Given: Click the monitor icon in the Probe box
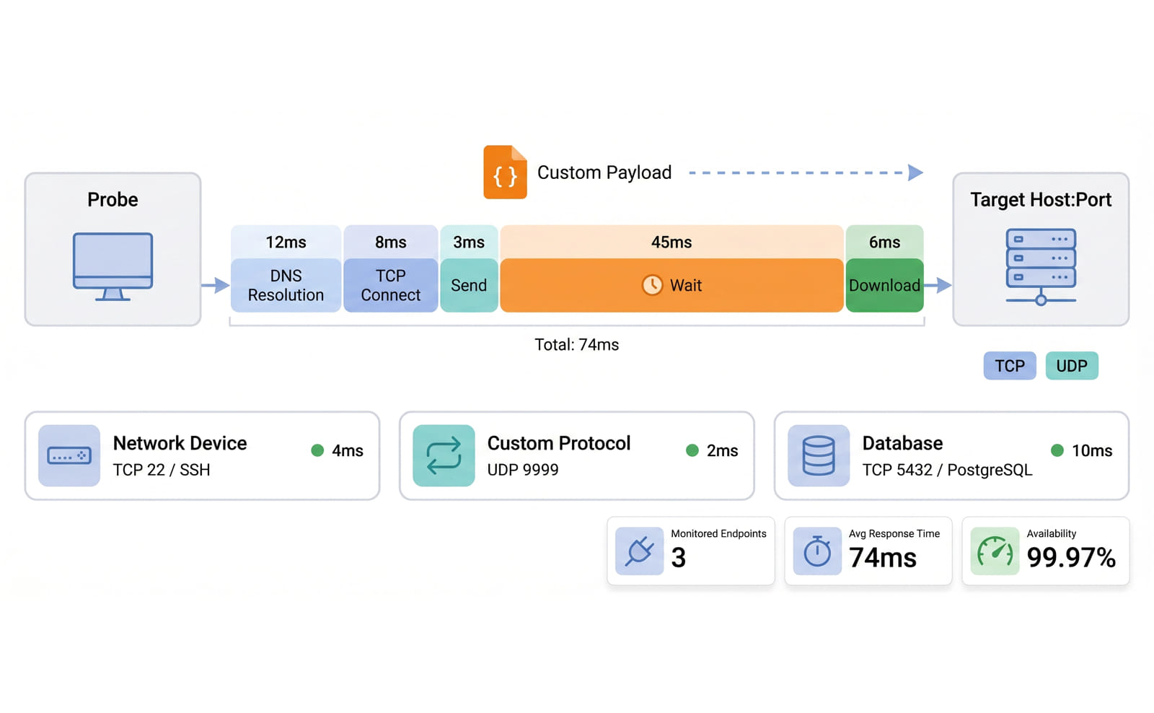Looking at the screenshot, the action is click(x=113, y=266).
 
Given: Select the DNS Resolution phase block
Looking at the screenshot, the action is click(x=286, y=285).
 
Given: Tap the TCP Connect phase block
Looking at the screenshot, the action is click(x=390, y=285).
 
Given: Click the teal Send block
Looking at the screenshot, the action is click(x=469, y=285).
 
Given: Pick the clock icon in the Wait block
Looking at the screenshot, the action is click(x=652, y=284).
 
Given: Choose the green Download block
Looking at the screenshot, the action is click(x=884, y=285).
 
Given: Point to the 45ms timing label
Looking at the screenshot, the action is click(x=671, y=242).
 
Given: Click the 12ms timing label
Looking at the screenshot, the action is click(x=286, y=242).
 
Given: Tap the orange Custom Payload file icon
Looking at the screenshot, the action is click(x=505, y=172).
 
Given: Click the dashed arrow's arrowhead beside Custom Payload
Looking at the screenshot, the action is click(x=915, y=172).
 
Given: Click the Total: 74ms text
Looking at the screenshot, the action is click(x=576, y=344).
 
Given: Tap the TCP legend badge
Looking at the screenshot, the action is click(x=1010, y=366).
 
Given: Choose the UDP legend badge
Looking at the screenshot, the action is click(x=1072, y=366).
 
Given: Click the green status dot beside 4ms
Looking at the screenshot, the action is click(x=317, y=450).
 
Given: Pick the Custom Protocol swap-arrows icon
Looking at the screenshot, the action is click(x=444, y=455).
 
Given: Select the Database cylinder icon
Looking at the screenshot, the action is click(x=819, y=455).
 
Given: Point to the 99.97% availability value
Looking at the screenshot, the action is click(x=1071, y=557).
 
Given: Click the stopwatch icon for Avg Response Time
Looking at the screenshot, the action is click(x=818, y=551).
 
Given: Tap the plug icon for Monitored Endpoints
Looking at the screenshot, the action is click(x=639, y=551).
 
